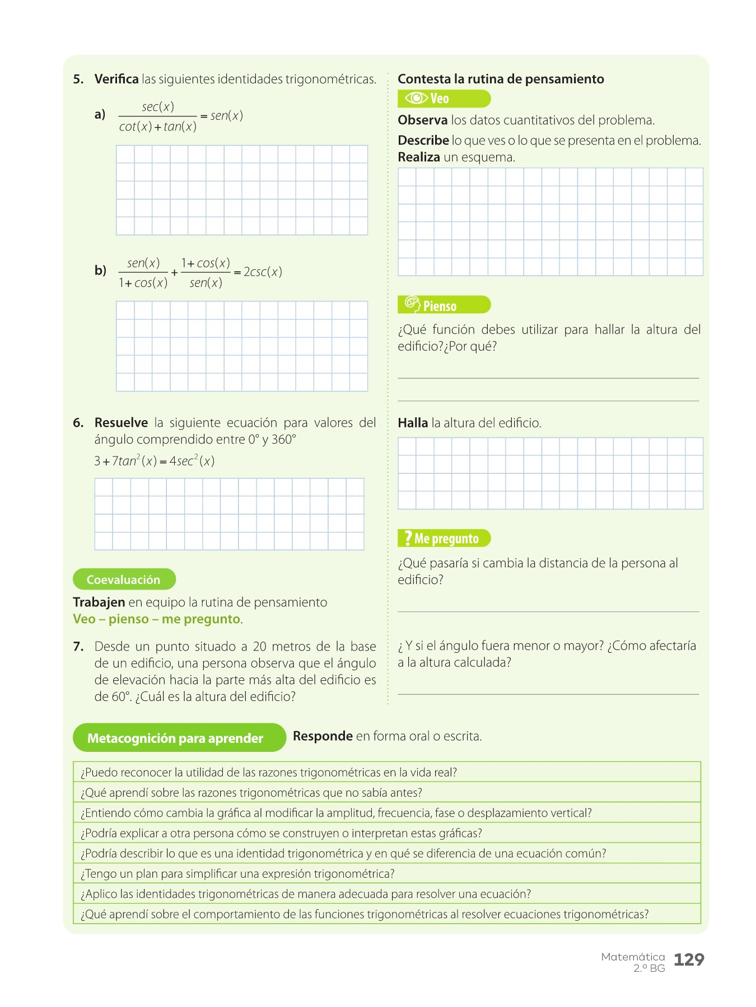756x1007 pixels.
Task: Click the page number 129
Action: tap(689, 960)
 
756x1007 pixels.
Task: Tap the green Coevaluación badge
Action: tap(124, 580)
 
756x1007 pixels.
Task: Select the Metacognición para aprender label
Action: tap(175, 738)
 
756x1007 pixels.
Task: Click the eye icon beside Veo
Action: tap(416, 98)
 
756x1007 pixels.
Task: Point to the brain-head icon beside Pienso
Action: tap(412, 304)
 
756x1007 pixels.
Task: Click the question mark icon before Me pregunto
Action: tap(408, 538)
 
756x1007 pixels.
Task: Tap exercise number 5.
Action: tap(78, 79)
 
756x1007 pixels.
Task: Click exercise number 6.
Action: tap(78, 423)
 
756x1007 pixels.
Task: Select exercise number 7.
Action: tap(78, 647)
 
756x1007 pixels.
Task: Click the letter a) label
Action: tap(100, 115)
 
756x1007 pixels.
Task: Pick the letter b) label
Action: tap(100, 271)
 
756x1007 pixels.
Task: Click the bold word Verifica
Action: tap(116, 79)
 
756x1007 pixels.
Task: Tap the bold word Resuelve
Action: tap(121, 423)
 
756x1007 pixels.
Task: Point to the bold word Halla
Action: tap(413, 423)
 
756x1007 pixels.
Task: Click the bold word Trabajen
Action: tap(99, 603)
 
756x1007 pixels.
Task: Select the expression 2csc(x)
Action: tap(263, 272)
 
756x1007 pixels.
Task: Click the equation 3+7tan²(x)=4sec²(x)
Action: tap(155, 461)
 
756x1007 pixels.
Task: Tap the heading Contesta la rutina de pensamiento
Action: tap(501, 79)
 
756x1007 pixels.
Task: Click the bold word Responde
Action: tap(323, 736)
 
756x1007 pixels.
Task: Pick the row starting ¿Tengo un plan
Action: tap(238, 874)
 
